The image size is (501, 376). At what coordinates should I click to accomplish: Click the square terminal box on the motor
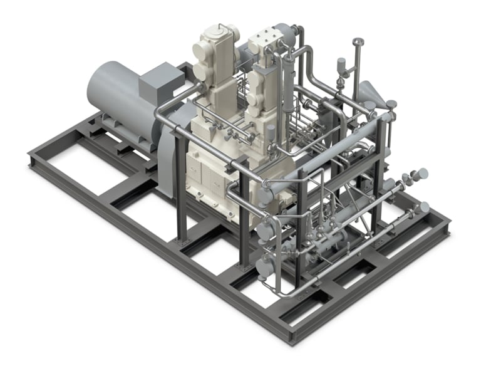coord(161,81)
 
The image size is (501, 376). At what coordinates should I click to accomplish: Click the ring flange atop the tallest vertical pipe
coord(358,43)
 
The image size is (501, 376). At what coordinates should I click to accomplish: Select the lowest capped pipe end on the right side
coord(424,206)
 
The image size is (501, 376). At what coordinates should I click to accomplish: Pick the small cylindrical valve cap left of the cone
coord(341,64)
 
